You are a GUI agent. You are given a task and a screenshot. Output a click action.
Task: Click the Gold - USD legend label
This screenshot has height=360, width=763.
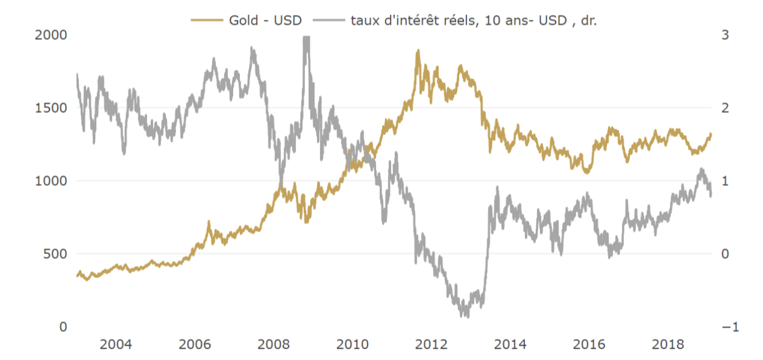point(265,20)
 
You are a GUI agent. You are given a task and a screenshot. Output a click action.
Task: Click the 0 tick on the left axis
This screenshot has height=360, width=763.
point(62,327)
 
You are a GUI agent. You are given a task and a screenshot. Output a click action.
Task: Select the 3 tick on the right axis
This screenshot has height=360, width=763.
point(725,35)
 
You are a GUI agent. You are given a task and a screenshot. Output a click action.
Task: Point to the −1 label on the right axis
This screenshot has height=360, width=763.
point(729,327)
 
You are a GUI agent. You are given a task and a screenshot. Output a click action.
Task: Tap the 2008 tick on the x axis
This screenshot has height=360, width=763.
point(274,345)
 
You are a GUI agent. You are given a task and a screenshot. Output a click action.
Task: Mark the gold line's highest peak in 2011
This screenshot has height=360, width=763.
point(418,51)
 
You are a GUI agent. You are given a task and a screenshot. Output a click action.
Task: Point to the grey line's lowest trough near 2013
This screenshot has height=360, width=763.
point(467,316)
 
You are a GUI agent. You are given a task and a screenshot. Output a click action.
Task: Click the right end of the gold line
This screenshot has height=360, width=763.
point(711,134)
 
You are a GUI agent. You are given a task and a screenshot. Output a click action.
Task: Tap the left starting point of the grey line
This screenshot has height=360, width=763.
point(77,74)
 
